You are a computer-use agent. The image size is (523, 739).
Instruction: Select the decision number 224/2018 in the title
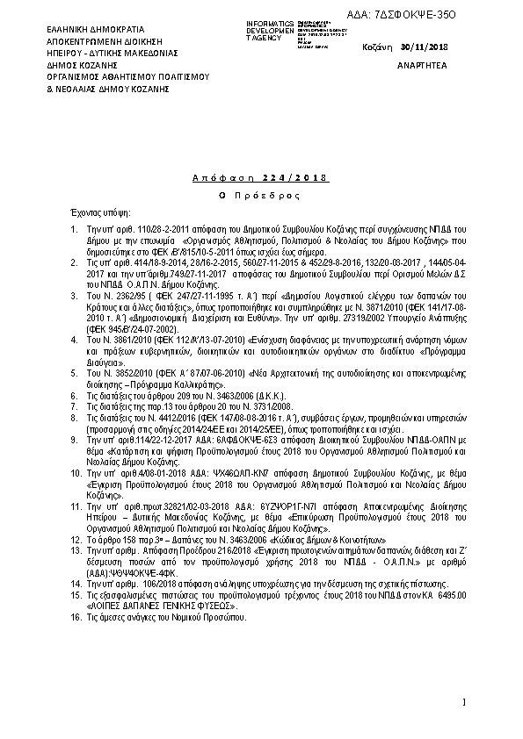pyautogui.click(x=301, y=178)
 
